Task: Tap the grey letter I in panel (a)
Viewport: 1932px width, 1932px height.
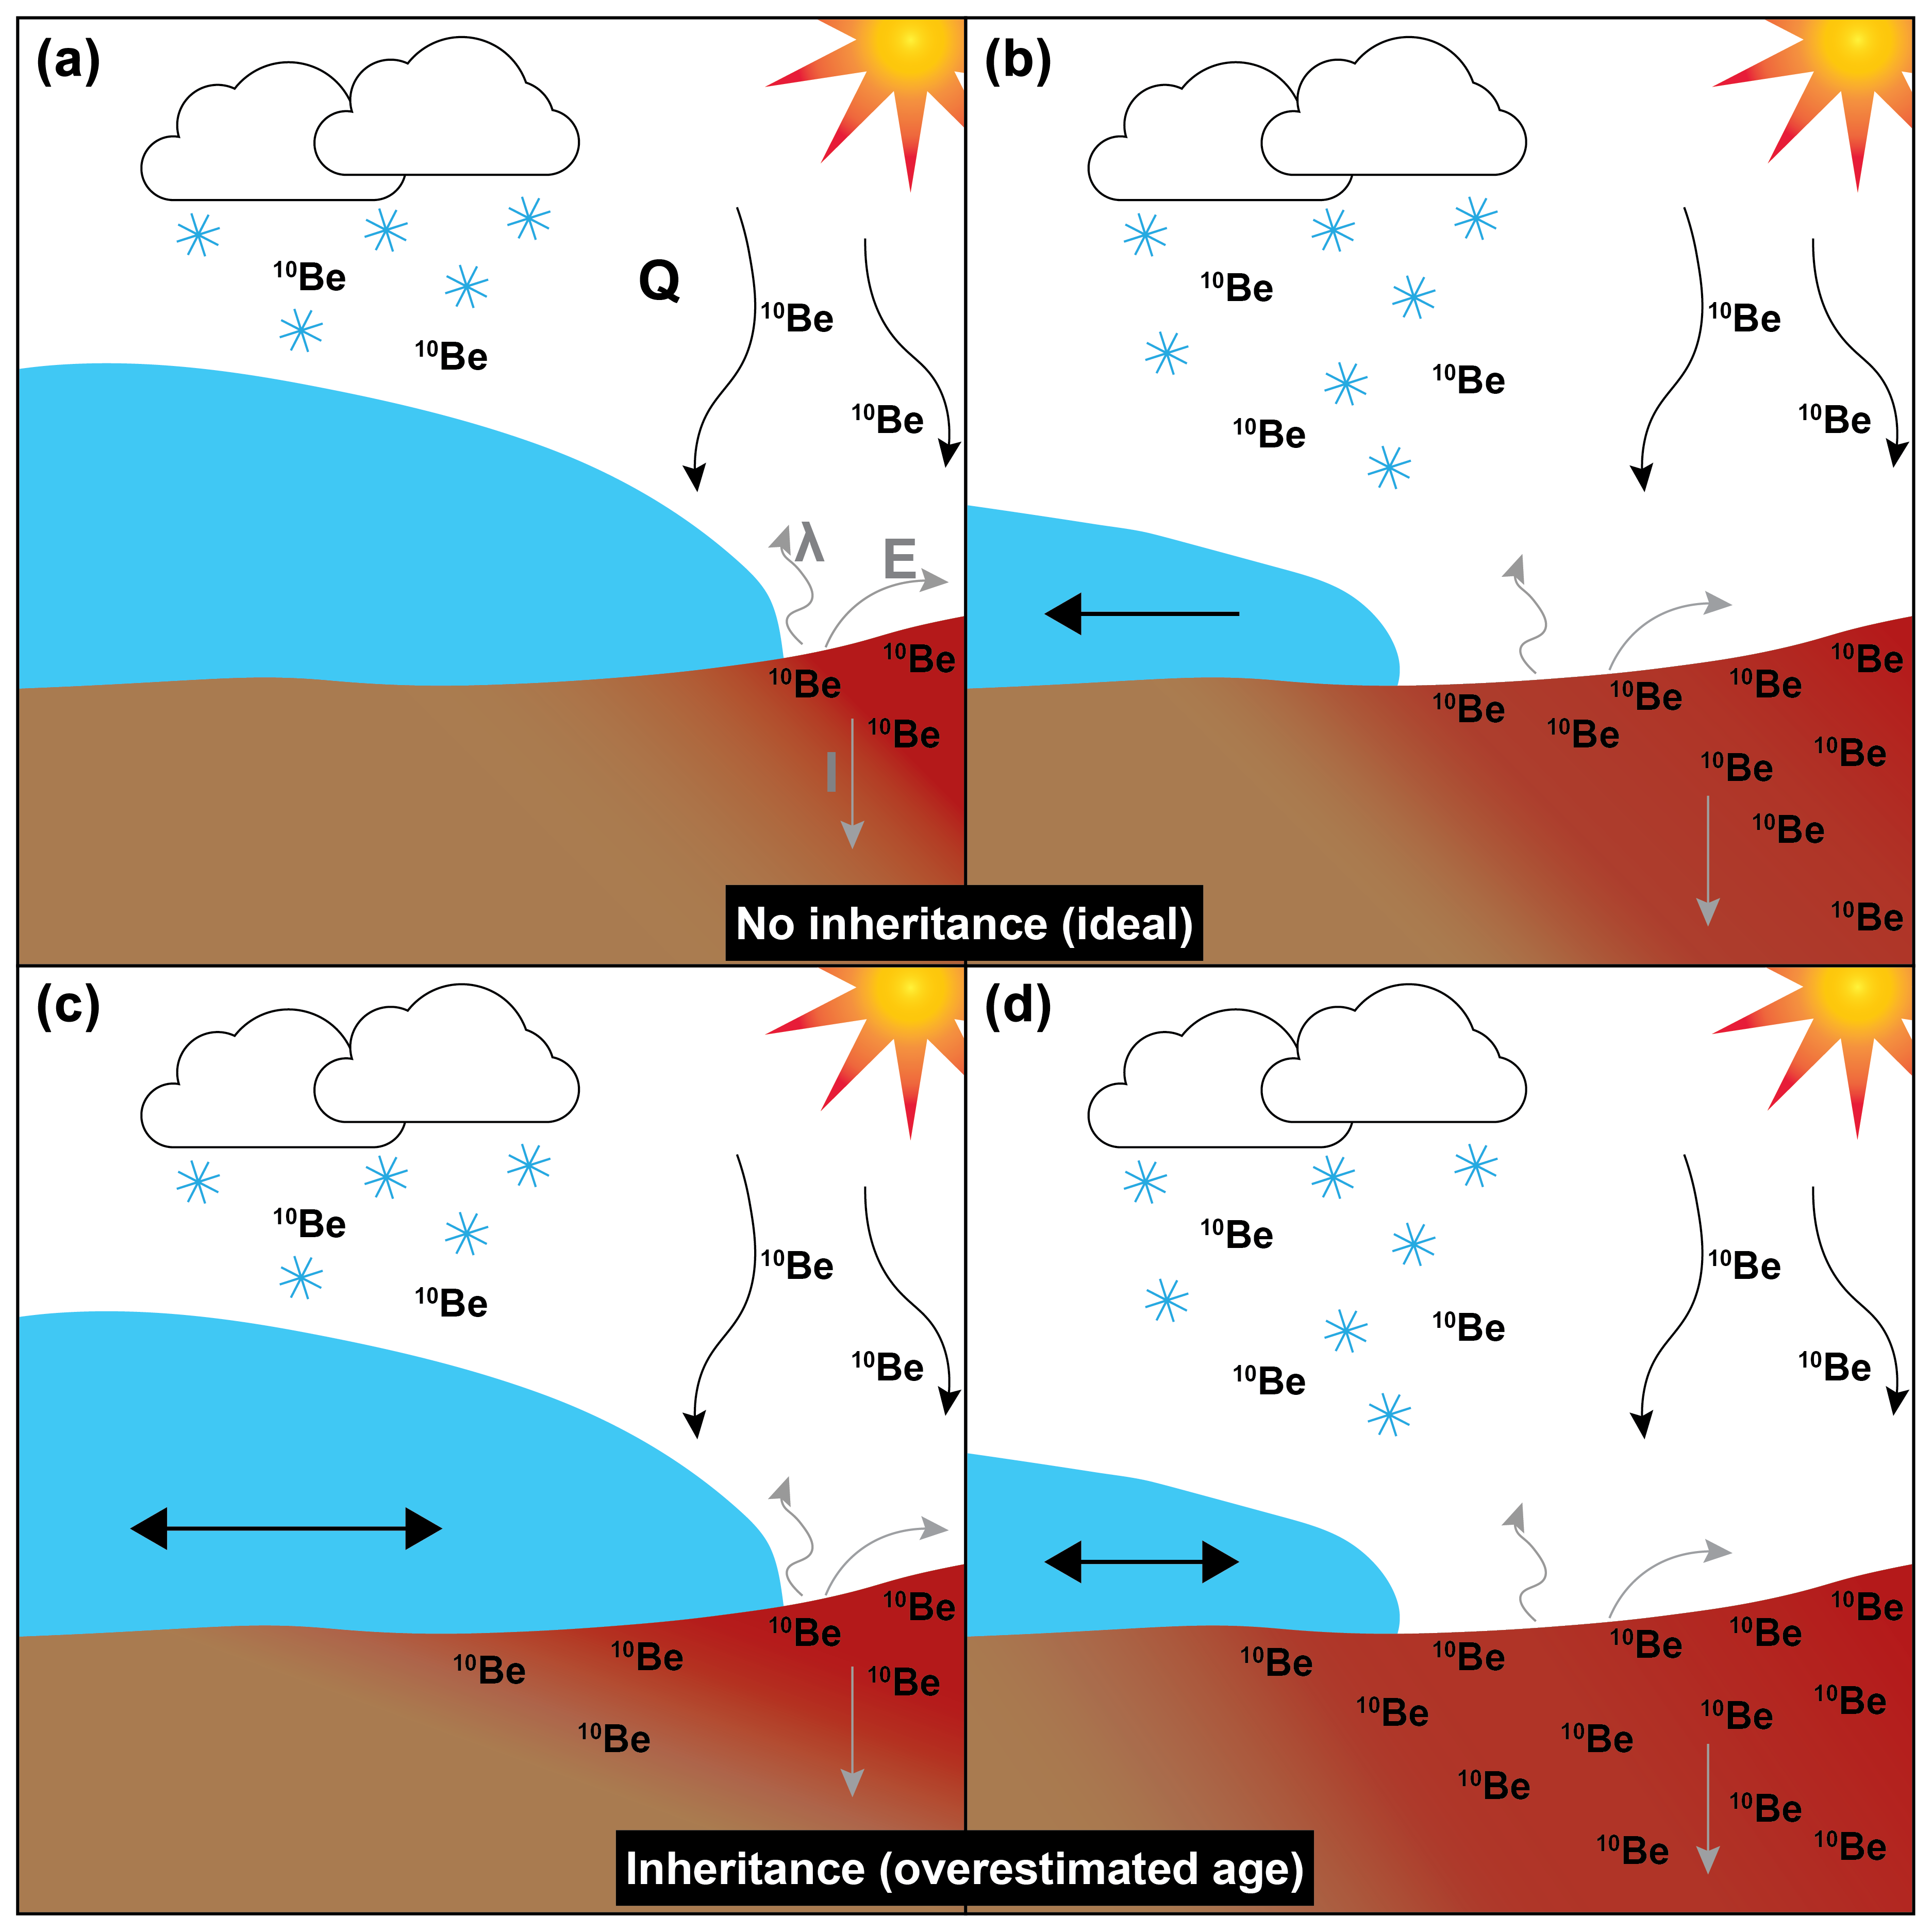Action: pos(831,772)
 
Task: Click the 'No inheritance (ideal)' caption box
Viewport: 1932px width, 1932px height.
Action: pos(964,923)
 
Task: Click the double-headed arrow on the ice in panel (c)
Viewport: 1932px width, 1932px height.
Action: pos(286,1528)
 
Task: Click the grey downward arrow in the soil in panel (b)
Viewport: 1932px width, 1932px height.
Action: pos(1708,860)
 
